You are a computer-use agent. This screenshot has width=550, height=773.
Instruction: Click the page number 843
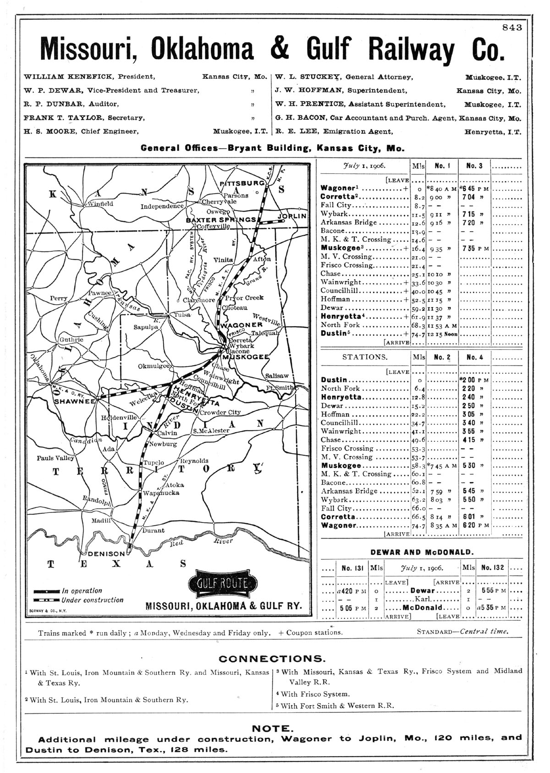(x=512, y=28)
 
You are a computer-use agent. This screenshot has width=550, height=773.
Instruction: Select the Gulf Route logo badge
(x=222, y=584)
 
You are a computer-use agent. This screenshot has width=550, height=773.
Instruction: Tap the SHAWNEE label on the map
(x=74, y=401)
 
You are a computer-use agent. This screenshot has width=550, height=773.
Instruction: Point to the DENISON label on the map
(x=106, y=554)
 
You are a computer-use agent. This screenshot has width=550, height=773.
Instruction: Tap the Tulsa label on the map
(x=181, y=315)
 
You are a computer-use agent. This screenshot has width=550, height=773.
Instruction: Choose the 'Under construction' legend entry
(x=92, y=600)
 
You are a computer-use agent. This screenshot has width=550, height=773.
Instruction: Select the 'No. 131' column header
(x=352, y=567)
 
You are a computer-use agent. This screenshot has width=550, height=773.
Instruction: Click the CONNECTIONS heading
(x=272, y=659)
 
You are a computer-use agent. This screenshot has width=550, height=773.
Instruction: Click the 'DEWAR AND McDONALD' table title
(x=422, y=552)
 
